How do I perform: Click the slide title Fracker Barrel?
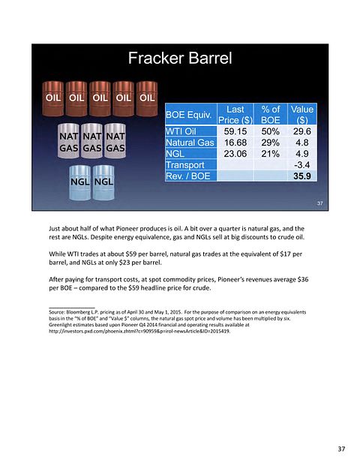(180, 58)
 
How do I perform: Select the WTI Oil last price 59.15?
(235, 131)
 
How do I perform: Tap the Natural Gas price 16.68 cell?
(235, 143)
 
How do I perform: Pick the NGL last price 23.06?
(235, 154)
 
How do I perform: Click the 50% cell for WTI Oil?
(270, 131)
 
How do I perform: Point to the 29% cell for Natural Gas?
(270, 143)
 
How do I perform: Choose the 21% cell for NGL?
(270, 154)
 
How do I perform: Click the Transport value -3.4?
(301, 165)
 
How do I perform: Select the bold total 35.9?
(302, 176)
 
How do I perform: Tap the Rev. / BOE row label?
(187, 176)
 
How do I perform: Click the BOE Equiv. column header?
(189, 115)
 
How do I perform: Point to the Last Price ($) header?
(235, 115)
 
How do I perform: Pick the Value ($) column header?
(302, 115)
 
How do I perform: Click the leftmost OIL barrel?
(52, 98)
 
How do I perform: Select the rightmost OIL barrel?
(147, 98)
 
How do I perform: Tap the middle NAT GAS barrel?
(91, 141)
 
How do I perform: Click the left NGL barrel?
(80, 182)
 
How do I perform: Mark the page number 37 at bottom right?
(341, 449)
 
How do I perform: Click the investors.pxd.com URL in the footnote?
(139, 331)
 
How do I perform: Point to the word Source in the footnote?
(56, 312)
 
